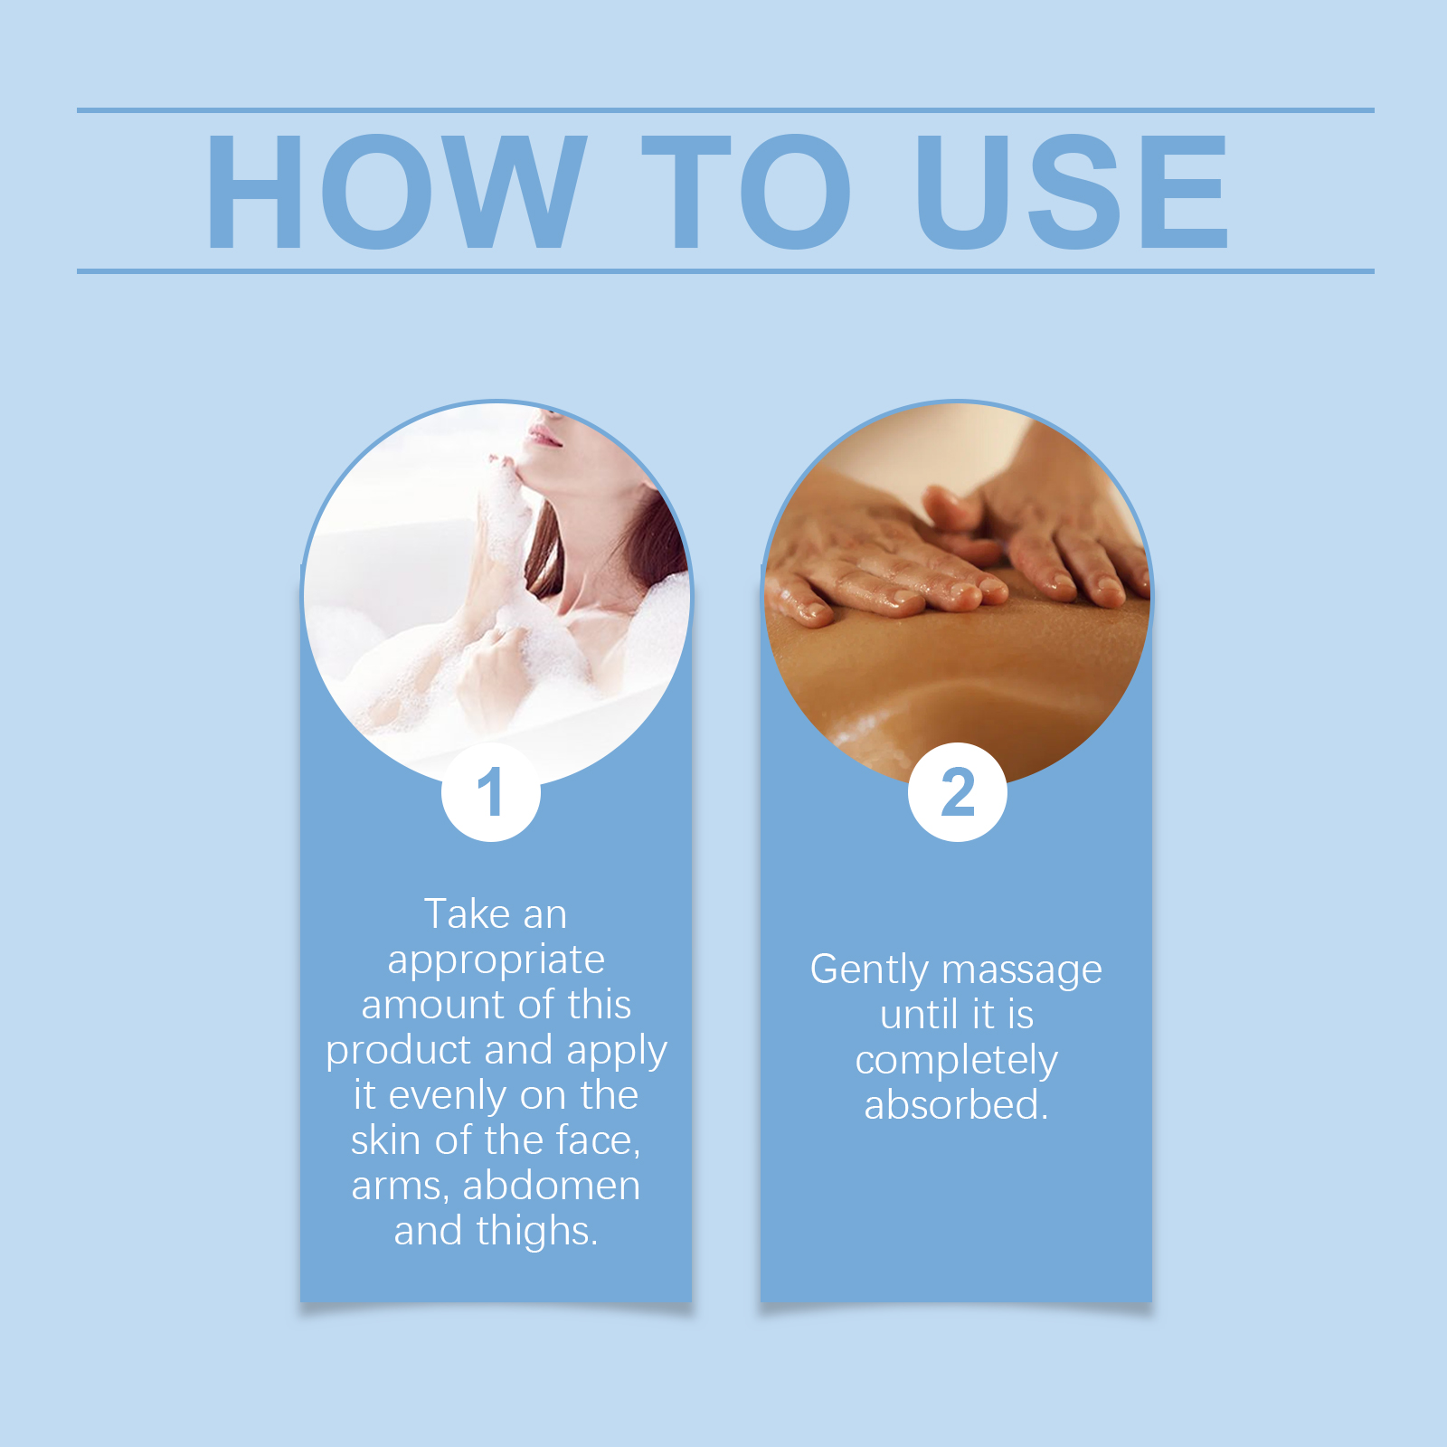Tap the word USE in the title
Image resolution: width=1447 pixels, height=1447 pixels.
pyautogui.click(x=1072, y=192)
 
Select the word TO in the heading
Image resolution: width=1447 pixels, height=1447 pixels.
pyautogui.click(x=746, y=192)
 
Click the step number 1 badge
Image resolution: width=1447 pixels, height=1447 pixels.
pyautogui.click(x=491, y=792)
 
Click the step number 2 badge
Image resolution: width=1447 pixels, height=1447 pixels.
pyautogui.click(x=958, y=792)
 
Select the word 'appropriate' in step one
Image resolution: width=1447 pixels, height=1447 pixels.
pyautogui.click(x=497, y=960)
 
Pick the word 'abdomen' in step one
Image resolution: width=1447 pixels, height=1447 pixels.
pyautogui.click(x=551, y=1186)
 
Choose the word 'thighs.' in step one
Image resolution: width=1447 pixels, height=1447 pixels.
pyautogui.click(x=537, y=1232)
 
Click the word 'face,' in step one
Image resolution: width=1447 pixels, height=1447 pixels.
pyautogui.click(x=598, y=1140)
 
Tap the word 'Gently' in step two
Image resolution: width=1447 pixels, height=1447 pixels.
pyautogui.click(x=869, y=970)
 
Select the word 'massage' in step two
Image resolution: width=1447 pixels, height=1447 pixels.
pyautogui.click(x=1022, y=970)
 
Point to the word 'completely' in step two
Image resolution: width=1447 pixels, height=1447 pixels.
pyautogui.click(x=957, y=1061)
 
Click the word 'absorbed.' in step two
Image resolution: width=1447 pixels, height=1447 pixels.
pyautogui.click(x=957, y=1105)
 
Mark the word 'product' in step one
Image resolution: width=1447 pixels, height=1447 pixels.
pyautogui.click(x=399, y=1051)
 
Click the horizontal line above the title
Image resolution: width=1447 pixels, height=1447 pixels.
pyautogui.click(x=723, y=110)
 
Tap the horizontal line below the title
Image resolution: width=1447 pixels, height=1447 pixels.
pyautogui.click(x=723, y=270)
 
